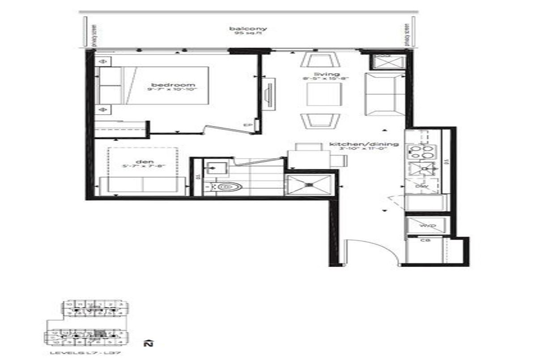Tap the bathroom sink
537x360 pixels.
click(x=216, y=169)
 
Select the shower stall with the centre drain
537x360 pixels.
click(x=309, y=185)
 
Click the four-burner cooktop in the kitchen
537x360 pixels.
click(x=421, y=152)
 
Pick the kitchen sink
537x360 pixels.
click(x=421, y=169)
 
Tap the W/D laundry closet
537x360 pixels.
click(x=426, y=226)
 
